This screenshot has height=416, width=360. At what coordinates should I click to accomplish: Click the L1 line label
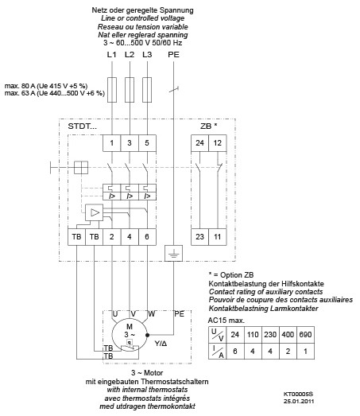[x=111, y=53]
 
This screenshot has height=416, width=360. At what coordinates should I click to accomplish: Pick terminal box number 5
[x=147, y=142]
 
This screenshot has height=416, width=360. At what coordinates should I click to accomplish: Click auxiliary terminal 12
[x=216, y=142]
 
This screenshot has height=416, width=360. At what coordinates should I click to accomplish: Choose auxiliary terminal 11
[x=216, y=237]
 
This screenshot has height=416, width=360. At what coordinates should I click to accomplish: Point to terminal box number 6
[x=147, y=237]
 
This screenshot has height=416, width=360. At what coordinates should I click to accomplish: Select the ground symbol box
[x=172, y=254]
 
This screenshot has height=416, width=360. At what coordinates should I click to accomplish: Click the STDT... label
[x=83, y=126]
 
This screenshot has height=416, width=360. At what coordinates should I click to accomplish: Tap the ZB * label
[x=208, y=126]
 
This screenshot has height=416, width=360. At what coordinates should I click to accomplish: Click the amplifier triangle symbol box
[x=95, y=212]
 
